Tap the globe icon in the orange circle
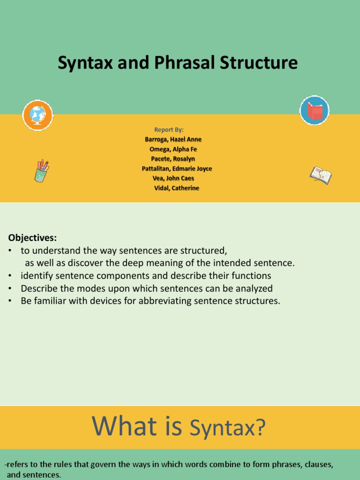point(37,115)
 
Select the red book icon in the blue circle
point(315,111)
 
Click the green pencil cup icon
point(41,171)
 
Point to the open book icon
point(321,175)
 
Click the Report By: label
point(169,129)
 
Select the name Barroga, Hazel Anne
point(173,139)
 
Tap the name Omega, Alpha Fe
point(172,149)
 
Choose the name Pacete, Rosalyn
point(172,159)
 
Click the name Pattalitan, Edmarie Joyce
point(177,169)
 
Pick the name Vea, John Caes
point(173,178)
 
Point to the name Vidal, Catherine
point(176,188)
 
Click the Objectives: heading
point(32,238)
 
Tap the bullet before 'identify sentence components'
point(10,276)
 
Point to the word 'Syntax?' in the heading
point(227,427)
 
